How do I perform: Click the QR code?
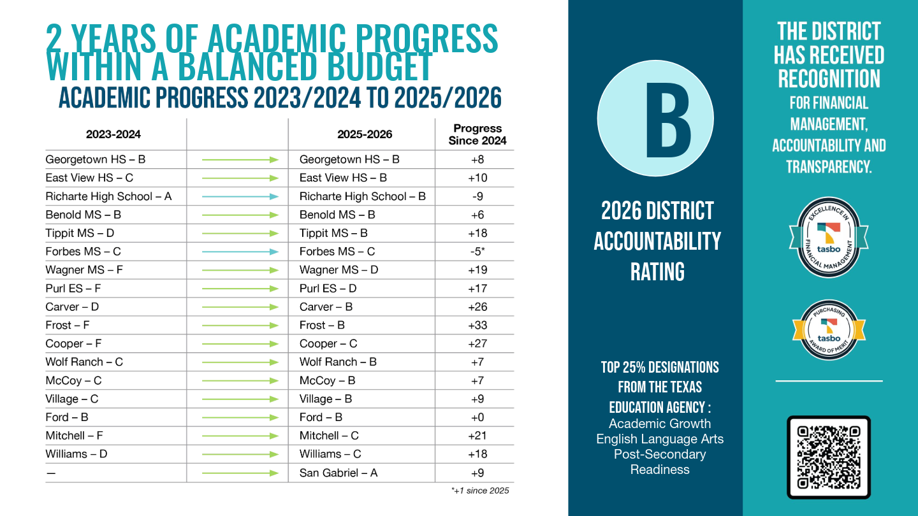coord(829,457)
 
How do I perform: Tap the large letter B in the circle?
coord(668,120)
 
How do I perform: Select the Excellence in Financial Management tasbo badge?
coord(829,238)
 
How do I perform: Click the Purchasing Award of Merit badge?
coord(829,330)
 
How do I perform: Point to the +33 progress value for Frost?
coord(477,325)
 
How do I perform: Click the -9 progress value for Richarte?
coord(477,197)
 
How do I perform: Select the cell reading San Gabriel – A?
coord(338,473)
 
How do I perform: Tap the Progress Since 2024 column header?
coord(477,134)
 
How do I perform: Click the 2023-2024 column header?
coord(113,134)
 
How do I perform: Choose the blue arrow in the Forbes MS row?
coord(240,252)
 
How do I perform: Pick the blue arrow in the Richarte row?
coord(240,197)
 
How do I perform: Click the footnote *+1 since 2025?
coord(480,491)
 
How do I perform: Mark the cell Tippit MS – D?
coord(80,233)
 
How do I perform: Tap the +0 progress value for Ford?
coord(477,417)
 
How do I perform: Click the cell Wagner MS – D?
coord(339,270)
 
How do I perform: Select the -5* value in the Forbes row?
coord(477,252)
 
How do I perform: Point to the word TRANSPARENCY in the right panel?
coord(829,167)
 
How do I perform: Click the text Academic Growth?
coord(660,424)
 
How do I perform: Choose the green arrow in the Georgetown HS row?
coord(240,160)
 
